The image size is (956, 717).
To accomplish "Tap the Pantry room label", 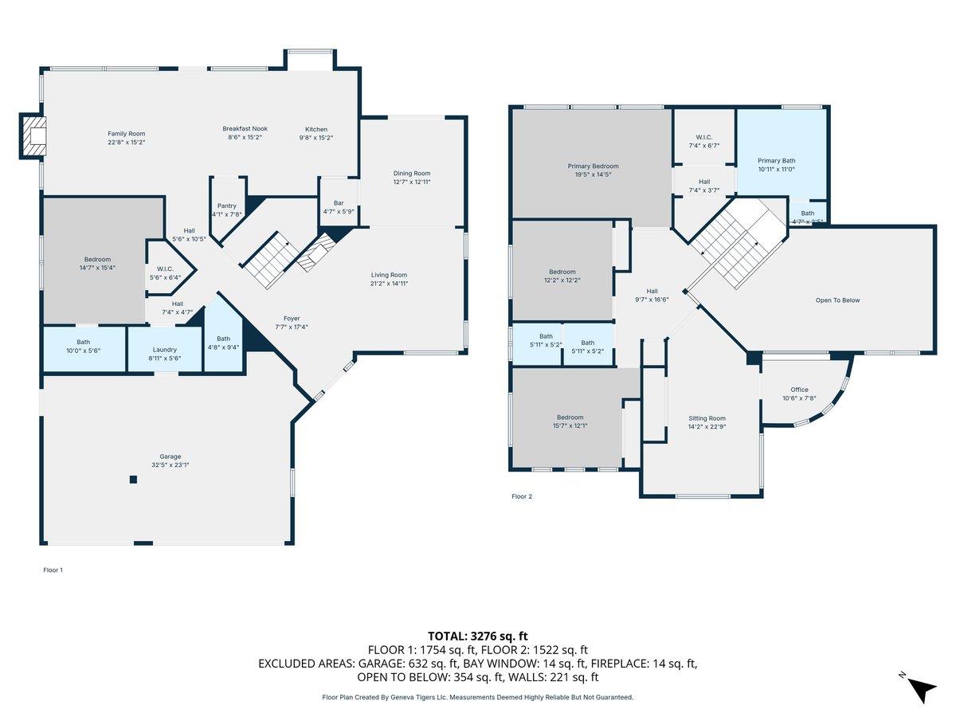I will coord(227,206).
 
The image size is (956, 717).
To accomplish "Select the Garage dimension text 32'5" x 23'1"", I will coord(170,465).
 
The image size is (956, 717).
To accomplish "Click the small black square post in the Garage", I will coord(133,479).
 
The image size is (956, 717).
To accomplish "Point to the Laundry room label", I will coord(165,349).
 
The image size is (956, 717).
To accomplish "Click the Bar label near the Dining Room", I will coord(339,202).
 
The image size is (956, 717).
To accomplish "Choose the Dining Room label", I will coord(412,173).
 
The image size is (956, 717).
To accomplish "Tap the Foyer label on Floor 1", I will coord(292,318).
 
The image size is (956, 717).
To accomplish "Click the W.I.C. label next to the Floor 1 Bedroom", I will coord(166,268).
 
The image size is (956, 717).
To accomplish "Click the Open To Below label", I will coord(837,300).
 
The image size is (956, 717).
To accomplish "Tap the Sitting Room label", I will coord(707,418).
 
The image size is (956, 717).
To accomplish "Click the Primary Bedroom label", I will coord(593,166).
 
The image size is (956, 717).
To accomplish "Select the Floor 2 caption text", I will coord(521,496).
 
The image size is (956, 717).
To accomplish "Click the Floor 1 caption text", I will coord(53,570).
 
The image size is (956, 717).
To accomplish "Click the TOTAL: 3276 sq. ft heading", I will coord(478,636).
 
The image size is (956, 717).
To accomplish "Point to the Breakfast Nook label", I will coord(245,129).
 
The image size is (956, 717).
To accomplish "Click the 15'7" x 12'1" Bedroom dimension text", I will coord(570,425).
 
